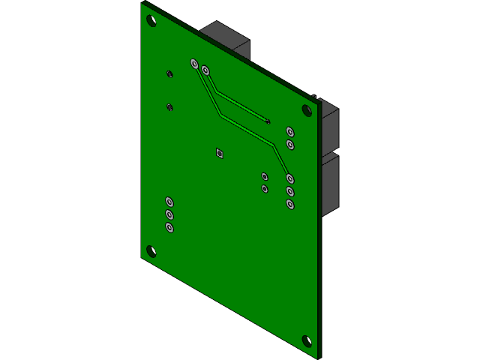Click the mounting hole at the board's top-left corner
151,21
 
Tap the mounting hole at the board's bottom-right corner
306,341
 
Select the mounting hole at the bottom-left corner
151,250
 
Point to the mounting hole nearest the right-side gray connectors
307,110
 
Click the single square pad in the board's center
219,154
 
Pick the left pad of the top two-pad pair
194,64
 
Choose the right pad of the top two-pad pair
205,71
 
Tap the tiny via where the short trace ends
268,121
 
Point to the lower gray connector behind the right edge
331,184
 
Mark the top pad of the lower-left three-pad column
169,202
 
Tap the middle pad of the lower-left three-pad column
169,214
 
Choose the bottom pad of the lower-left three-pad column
169,226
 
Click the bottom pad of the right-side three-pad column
290,204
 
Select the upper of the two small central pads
265,176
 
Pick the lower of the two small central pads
265,188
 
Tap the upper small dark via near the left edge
169,73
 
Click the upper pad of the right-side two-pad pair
290,132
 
